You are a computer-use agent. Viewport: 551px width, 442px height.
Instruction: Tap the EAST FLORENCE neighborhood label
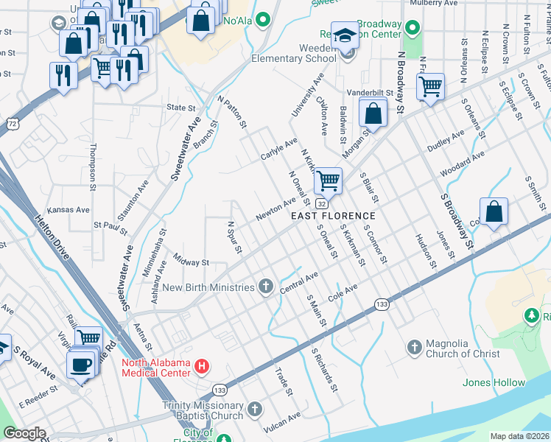click(333, 216)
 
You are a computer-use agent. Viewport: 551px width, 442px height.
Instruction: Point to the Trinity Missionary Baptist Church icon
click(255, 409)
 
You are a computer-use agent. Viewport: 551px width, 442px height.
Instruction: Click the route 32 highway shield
click(322, 203)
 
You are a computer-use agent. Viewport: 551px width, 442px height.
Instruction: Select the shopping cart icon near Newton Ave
click(328, 179)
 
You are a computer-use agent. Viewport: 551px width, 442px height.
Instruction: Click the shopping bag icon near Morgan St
click(373, 113)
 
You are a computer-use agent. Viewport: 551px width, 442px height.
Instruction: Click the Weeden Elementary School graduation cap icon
click(344, 35)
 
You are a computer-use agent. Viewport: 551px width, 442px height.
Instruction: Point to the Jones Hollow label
click(494, 382)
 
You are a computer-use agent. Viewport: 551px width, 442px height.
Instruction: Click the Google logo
click(24, 432)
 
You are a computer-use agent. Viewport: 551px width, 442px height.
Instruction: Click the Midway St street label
click(192, 262)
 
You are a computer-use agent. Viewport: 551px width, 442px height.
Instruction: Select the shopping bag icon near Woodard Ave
click(495, 211)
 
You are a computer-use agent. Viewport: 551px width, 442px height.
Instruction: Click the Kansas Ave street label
click(68, 210)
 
